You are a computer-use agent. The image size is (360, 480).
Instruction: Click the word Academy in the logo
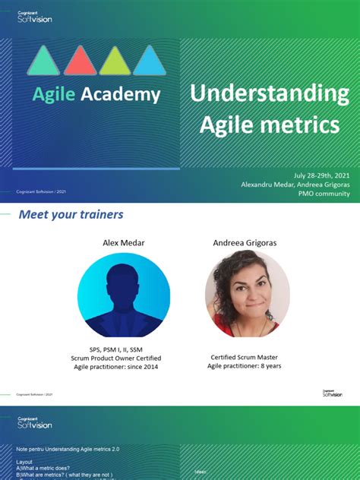click(x=121, y=94)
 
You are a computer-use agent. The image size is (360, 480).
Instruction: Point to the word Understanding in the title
click(x=270, y=94)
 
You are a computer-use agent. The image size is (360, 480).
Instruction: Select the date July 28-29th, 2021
click(x=320, y=173)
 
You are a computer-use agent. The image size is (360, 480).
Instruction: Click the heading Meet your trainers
click(x=71, y=215)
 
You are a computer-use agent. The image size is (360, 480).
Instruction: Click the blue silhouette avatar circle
click(x=123, y=295)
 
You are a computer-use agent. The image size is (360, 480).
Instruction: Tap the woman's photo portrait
click(x=247, y=295)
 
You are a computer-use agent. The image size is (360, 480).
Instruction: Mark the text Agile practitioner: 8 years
click(x=245, y=366)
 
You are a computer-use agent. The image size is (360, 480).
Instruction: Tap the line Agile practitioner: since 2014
click(x=116, y=367)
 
